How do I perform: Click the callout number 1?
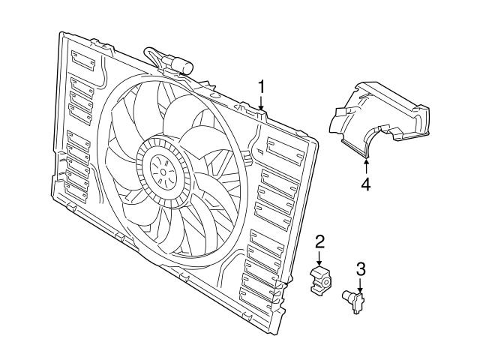tap(261, 86)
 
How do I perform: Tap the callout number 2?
tap(319, 241)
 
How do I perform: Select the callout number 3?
tap(360, 268)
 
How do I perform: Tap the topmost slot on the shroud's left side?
tap(82, 60)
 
